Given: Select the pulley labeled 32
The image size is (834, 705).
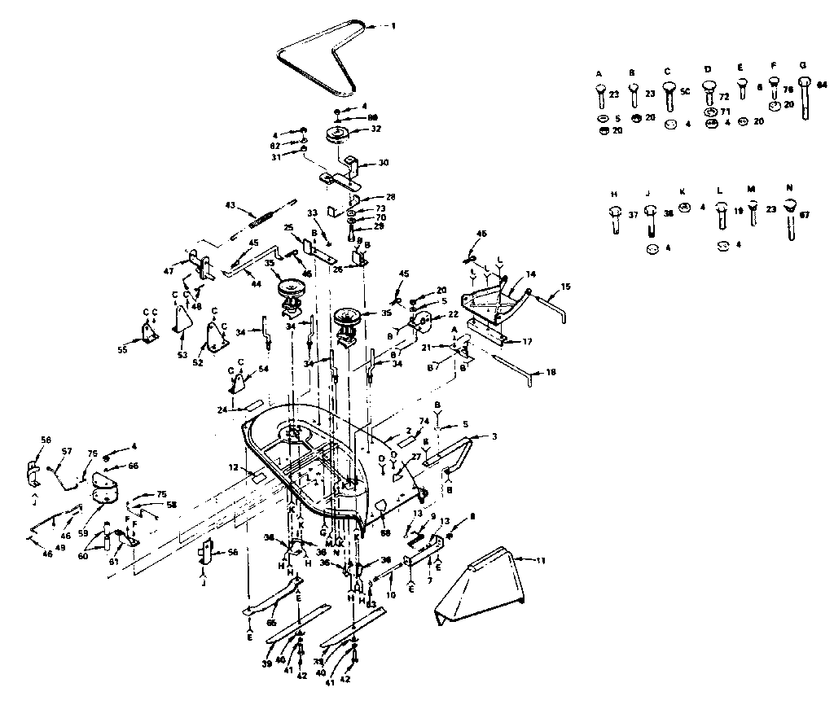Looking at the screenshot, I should (x=337, y=134).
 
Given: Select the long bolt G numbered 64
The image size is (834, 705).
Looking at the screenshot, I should (x=805, y=99).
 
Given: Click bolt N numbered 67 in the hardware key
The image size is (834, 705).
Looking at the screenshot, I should (x=790, y=217).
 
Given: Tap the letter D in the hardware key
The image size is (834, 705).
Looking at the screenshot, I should (x=707, y=71).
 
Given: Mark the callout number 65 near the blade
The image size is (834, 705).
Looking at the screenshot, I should (x=271, y=624).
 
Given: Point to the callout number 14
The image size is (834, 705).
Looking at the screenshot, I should (x=530, y=276).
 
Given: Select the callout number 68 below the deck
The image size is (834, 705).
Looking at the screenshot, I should (x=385, y=533).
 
